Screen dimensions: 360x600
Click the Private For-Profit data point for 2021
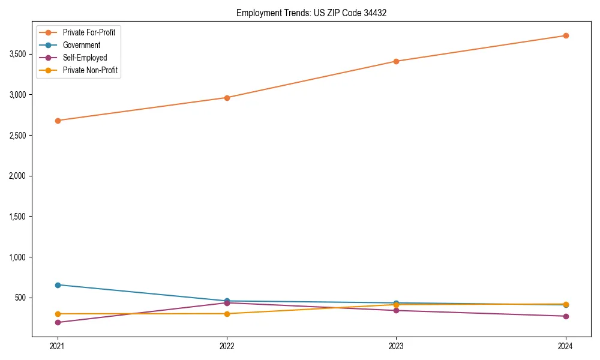[58, 121]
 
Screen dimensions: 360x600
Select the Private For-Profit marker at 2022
[227, 98]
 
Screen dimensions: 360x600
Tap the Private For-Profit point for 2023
[396, 61]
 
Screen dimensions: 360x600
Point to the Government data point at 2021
[58, 285]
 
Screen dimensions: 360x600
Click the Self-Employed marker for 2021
[58, 322]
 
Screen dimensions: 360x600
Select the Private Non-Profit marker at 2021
[58, 314]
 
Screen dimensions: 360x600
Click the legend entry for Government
[82, 45]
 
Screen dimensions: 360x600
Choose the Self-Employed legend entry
[85, 58]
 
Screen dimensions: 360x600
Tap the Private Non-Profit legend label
[90, 70]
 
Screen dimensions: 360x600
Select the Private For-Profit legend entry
[89, 32]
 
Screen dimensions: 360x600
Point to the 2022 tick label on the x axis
[227, 346]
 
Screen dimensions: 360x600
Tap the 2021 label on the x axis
[58, 346]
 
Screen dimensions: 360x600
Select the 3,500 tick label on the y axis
[18, 54]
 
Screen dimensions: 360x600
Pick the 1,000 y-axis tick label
[18, 257]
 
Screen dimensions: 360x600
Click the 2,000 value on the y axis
[18, 176]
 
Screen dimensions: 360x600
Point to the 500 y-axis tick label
[21, 298]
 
